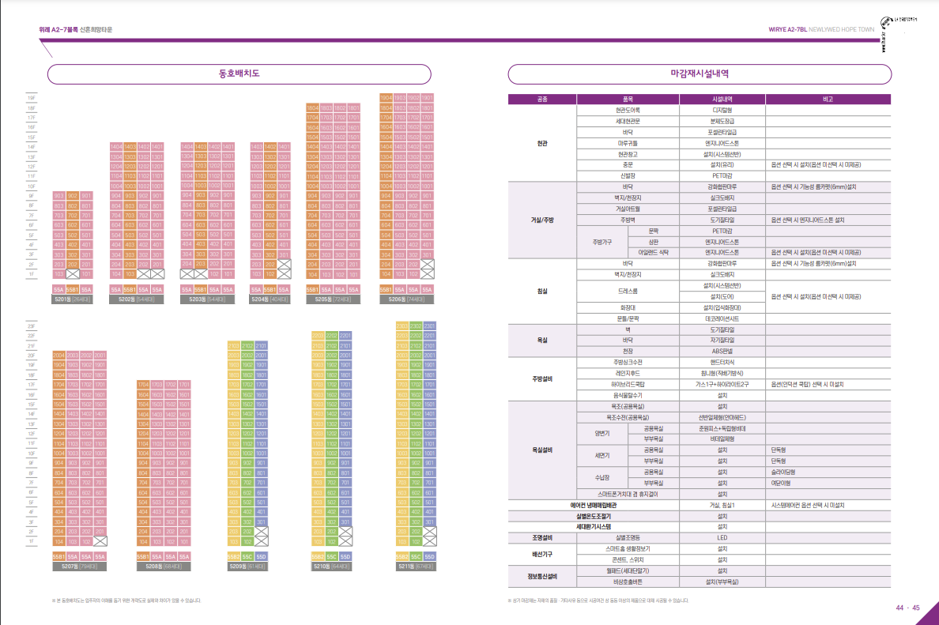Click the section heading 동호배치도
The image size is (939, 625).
pos(239,73)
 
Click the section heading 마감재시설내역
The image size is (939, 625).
pos(699,73)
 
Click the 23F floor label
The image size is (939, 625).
pos(32,326)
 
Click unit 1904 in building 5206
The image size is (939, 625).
pos(387,98)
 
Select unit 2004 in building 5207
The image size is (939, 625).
pos(58,356)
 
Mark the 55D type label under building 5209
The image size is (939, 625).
pos(262,557)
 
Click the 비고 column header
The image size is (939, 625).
pos(828,100)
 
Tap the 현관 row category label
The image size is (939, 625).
pos(541,143)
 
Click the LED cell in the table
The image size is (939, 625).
pos(722,537)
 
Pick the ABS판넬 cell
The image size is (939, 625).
pos(722,350)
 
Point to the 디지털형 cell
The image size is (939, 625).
pos(722,111)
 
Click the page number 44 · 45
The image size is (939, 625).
pos(907,608)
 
